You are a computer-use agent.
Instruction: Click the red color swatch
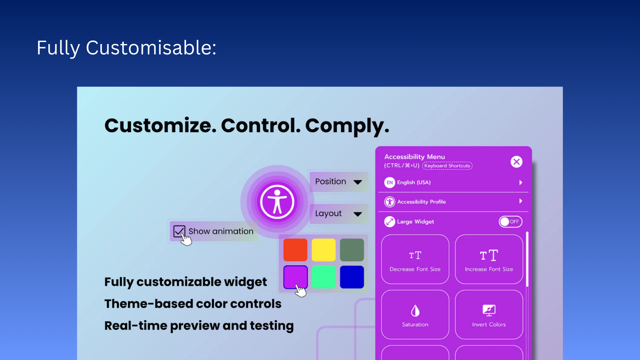(x=295, y=250)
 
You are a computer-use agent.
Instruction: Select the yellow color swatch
(x=323, y=250)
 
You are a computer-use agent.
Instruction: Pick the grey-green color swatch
(x=352, y=250)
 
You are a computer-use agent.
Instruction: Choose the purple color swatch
(x=295, y=277)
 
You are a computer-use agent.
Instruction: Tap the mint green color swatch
(x=323, y=277)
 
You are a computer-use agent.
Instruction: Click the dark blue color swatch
(x=352, y=277)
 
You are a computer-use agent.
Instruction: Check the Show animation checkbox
(x=179, y=231)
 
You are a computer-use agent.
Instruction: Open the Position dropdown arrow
(x=358, y=182)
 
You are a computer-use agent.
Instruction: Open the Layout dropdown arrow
(x=358, y=214)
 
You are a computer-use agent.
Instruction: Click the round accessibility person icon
(x=277, y=202)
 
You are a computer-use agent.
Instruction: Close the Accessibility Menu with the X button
(x=516, y=162)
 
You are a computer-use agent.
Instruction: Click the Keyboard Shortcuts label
(x=447, y=166)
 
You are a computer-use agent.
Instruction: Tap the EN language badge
(x=390, y=182)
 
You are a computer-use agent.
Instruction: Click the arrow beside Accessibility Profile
(x=520, y=201)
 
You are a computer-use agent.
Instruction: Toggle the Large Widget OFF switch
(x=510, y=222)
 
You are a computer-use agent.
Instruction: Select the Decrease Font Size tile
(x=415, y=259)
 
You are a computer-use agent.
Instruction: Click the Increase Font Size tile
(x=489, y=259)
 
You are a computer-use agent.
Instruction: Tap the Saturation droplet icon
(x=415, y=311)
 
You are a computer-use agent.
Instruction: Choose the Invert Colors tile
(x=489, y=315)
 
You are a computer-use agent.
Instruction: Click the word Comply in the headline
(x=346, y=126)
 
